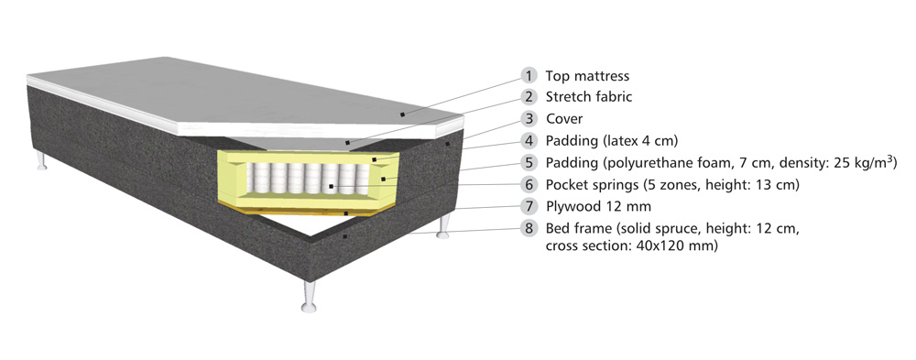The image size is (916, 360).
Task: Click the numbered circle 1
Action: click(x=529, y=75)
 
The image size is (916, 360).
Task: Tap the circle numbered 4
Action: click(x=529, y=141)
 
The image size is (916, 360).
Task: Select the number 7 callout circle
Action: click(x=529, y=206)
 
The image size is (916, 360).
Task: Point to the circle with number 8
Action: click(x=529, y=228)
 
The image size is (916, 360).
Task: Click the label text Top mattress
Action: click(x=588, y=76)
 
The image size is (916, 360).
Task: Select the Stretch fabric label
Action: click(x=589, y=97)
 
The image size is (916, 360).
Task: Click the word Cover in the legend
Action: click(x=564, y=119)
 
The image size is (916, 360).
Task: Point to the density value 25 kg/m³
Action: click(x=866, y=162)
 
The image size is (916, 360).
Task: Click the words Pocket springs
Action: click(x=592, y=185)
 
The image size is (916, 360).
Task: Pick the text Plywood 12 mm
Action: click(x=598, y=207)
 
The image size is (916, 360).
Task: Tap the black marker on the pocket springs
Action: click(x=332, y=187)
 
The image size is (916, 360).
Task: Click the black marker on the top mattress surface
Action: click(x=402, y=115)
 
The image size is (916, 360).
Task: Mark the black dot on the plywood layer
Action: click(x=346, y=214)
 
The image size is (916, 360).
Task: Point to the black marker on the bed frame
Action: click(x=345, y=236)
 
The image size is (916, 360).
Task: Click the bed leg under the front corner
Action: click(x=310, y=296)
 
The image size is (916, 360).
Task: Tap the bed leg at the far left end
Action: click(x=41, y=160)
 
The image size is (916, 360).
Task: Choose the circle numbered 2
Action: click(x=529, y=97)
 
